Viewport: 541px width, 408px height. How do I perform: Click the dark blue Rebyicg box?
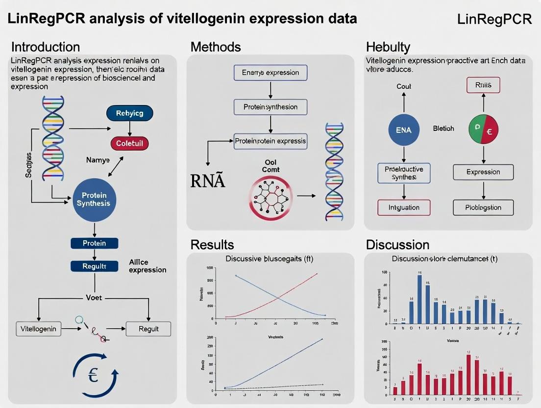pos(129,113)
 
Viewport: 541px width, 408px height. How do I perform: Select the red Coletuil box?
pos(129,144)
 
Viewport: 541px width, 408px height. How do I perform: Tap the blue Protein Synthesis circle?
pos(93,199)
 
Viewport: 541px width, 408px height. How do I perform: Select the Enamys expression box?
pos(270,73)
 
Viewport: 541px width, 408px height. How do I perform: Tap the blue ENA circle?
pos(403,129)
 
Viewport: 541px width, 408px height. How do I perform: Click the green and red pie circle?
pos(483,129)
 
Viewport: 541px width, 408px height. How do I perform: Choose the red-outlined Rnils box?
pos(483,85)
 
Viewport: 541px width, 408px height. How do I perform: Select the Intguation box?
pos(403,207)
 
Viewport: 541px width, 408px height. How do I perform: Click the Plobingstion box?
pos(483,207)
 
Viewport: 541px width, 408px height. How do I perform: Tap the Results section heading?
pos(212,244)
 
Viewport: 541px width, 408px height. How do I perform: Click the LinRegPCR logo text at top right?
pos(494,19)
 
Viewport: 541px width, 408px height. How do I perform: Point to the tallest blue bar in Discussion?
pos(419,299)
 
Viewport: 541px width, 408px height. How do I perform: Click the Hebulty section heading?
pos(388,47)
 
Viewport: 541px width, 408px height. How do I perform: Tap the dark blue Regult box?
pos(94,266)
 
